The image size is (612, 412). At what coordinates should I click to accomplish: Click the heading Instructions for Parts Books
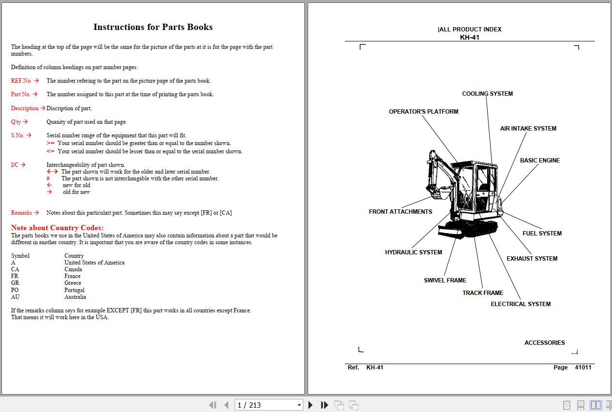(153, 27)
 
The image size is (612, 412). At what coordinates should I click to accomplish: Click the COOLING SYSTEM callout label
(487, 94)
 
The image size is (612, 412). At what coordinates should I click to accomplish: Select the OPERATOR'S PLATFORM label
(423, 112)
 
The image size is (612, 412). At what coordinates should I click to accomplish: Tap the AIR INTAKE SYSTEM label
(528, 129)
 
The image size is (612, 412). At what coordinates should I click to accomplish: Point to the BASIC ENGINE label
(539, 161)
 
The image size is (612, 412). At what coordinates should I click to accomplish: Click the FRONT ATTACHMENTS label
(400, 212)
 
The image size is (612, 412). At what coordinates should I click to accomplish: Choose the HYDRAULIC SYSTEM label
(413, 252)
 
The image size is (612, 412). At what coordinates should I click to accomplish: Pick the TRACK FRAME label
(482, 293)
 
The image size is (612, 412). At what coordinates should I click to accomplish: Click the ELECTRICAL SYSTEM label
(521, 304)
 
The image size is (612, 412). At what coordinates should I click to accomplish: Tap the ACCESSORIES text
(544, 343)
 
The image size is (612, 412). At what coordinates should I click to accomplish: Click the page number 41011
(583, 368)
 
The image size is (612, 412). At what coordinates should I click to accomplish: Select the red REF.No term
(21, 81)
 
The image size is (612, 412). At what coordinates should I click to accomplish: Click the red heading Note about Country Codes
(57, 228)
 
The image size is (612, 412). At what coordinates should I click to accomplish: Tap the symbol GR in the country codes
(15, 283)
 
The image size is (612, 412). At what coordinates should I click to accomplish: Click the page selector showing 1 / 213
(269, 405)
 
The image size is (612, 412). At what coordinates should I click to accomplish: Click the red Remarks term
(22, 213)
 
